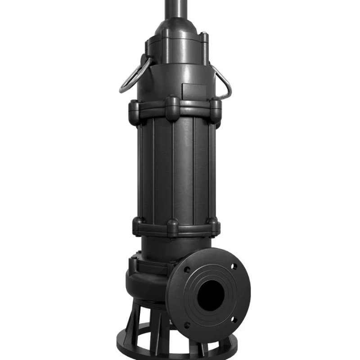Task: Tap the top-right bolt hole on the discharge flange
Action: (x=234, y=266)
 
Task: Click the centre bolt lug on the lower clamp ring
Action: (x=173, y=227)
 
